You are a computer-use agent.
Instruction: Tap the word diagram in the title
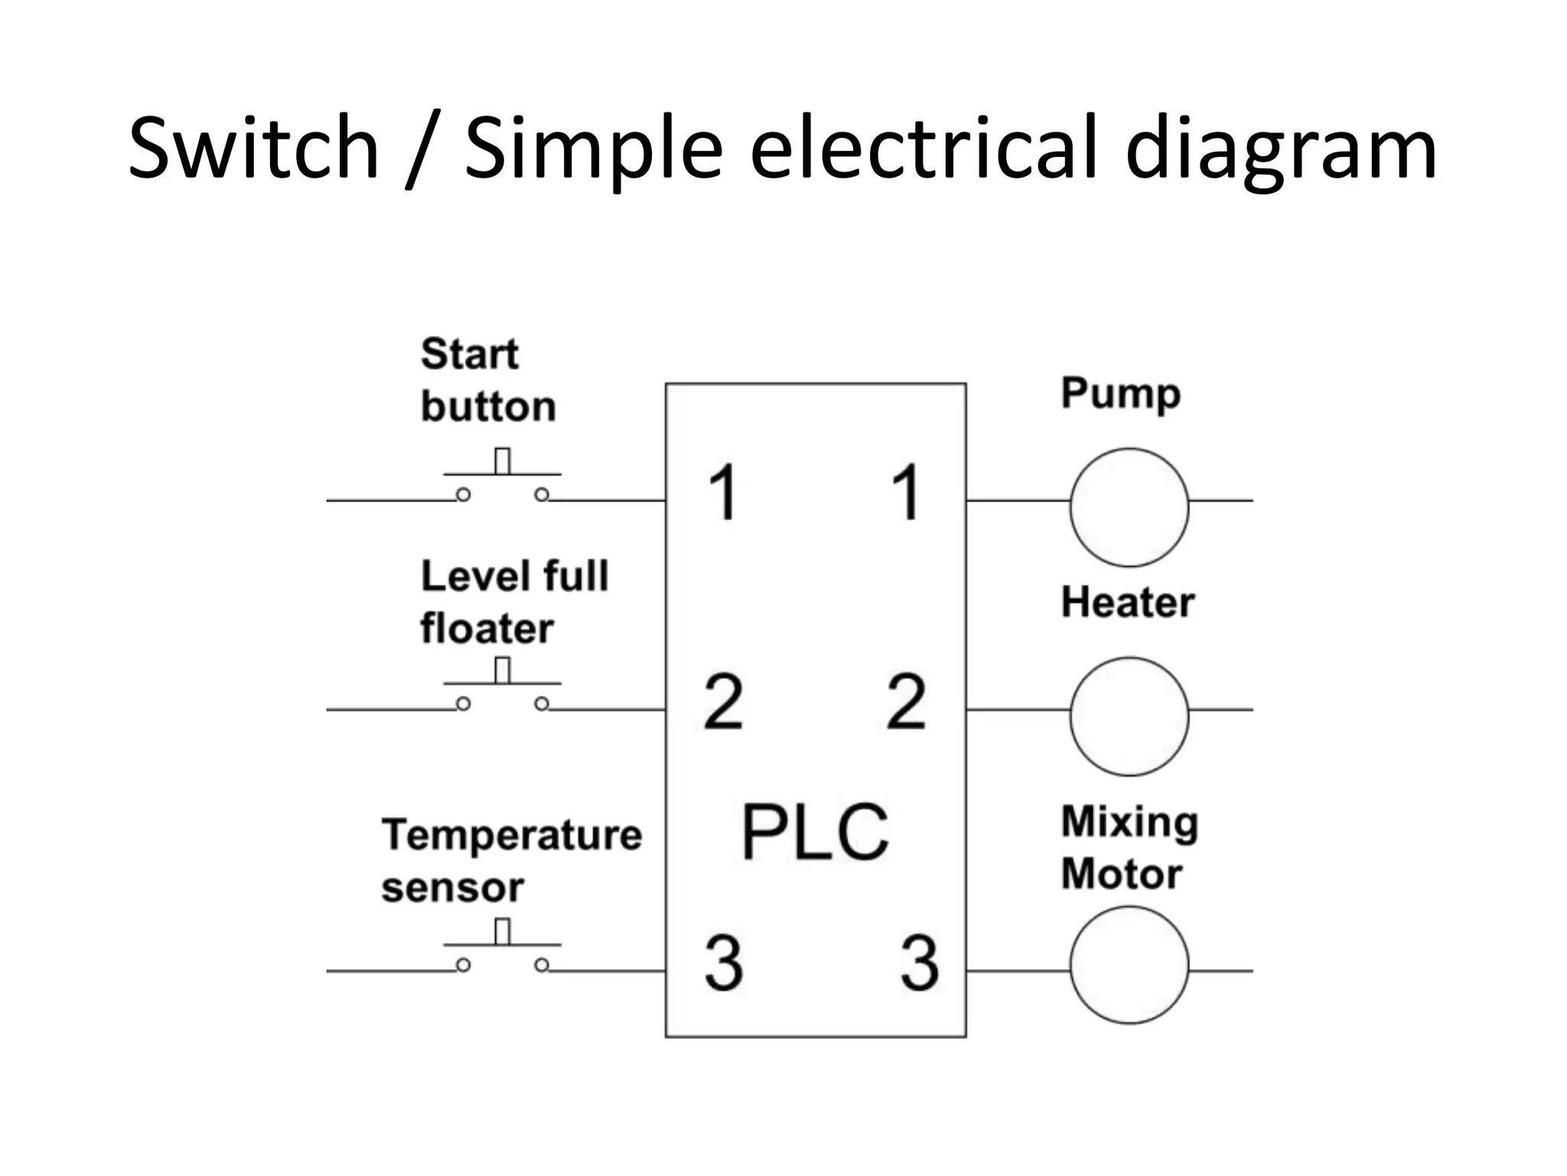point(1281,150)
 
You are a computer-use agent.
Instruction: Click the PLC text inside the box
point(815,832)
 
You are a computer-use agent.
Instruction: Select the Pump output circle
point(1129,508)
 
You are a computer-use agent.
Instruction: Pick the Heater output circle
point(1129,717)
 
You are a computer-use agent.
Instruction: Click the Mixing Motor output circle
point(1129,965)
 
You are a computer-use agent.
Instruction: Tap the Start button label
point(487,381)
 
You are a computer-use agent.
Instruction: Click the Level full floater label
point(513,603)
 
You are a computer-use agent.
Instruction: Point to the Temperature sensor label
point(511,861)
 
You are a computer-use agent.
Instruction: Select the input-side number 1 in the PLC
point(722,492)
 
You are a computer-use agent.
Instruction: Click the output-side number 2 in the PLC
point(906,701)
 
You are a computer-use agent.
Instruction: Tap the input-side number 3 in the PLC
point(723,962)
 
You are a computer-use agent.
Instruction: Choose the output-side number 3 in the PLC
point(919,962)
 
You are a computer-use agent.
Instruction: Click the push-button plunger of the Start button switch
point(502,462)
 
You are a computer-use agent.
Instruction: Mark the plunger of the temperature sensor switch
point(502,932)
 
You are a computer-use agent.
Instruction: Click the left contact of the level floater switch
point(463,704)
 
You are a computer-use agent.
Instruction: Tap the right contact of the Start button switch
point(542,495)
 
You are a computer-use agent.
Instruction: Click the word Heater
point(1127,603)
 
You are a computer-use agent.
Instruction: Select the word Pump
point(1120,395)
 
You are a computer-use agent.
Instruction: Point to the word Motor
point(1121,874)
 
